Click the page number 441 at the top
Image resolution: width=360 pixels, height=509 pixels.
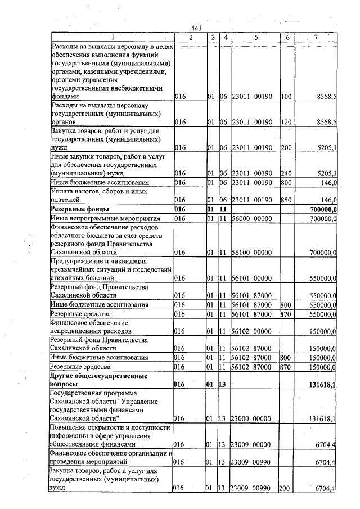(196, 28)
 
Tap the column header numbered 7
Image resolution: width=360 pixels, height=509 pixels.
(316, 37)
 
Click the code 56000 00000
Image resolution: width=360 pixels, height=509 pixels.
(253, 218)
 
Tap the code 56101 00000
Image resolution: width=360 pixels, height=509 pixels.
(253, 278)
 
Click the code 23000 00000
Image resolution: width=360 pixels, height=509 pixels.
(253, 418)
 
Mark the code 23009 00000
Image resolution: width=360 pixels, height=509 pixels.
(253, 445)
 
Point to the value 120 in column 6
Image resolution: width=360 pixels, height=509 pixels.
(286, 122)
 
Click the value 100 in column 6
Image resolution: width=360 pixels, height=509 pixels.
(286, 97)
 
